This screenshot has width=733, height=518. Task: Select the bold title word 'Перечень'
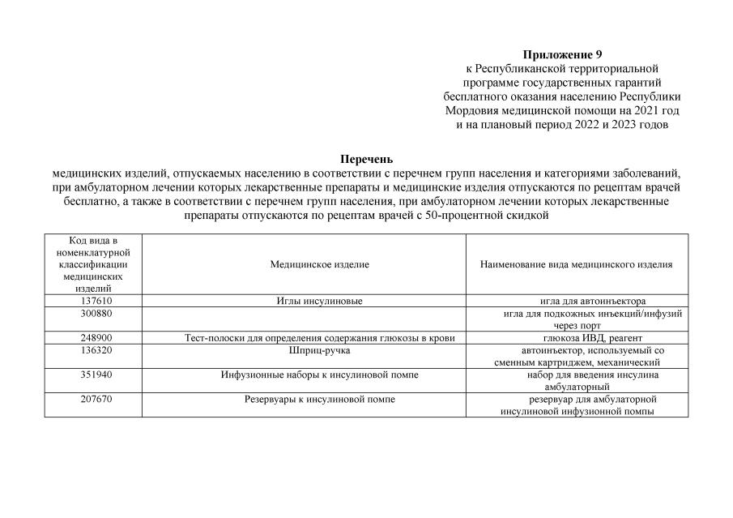point(366,159)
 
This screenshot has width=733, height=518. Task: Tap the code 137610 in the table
point(93,301)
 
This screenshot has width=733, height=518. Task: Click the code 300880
point(93,313)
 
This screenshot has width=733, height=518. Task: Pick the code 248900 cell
point(93,338)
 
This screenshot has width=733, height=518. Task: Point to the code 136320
point(93,350)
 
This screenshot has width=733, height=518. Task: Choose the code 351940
point(93,375)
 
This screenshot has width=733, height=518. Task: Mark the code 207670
point(93,400)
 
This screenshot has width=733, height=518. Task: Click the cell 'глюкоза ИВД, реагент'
point(592,338)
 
